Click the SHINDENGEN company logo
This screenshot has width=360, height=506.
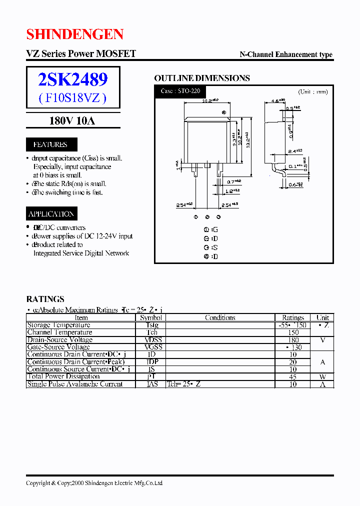tap(74, 34)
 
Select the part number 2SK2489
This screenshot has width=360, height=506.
tap(73, 79)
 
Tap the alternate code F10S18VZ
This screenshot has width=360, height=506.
tap(73, 97)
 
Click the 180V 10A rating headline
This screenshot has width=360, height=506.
tap(72, 120)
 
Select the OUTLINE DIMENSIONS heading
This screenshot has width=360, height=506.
tap(201, 78)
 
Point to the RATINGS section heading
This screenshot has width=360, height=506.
tap(45, 299)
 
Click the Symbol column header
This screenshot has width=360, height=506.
tap(151, 317)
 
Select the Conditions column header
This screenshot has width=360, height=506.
tap(220, 317)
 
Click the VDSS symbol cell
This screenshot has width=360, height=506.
tap(151, 340)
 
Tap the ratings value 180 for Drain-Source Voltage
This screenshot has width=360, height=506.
tap(293, 340)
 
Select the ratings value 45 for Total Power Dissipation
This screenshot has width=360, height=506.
tap(293, 376)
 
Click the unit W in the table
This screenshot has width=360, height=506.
tap(322, 376)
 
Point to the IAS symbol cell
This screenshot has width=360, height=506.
tap(151, 384)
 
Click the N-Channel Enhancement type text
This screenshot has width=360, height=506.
tap(286, 54)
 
